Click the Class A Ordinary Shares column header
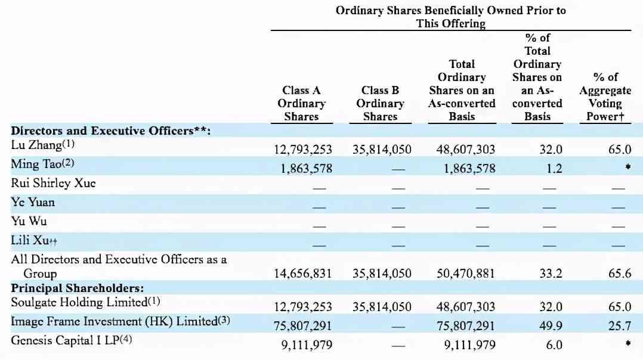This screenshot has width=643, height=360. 301,103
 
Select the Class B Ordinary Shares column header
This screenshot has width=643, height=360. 380,103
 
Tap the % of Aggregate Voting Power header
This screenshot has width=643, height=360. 605,97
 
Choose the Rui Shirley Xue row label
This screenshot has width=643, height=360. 53,183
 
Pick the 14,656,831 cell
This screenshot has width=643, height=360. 302,274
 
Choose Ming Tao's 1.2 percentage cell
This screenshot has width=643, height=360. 554,169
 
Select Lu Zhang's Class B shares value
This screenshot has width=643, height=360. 382,150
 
